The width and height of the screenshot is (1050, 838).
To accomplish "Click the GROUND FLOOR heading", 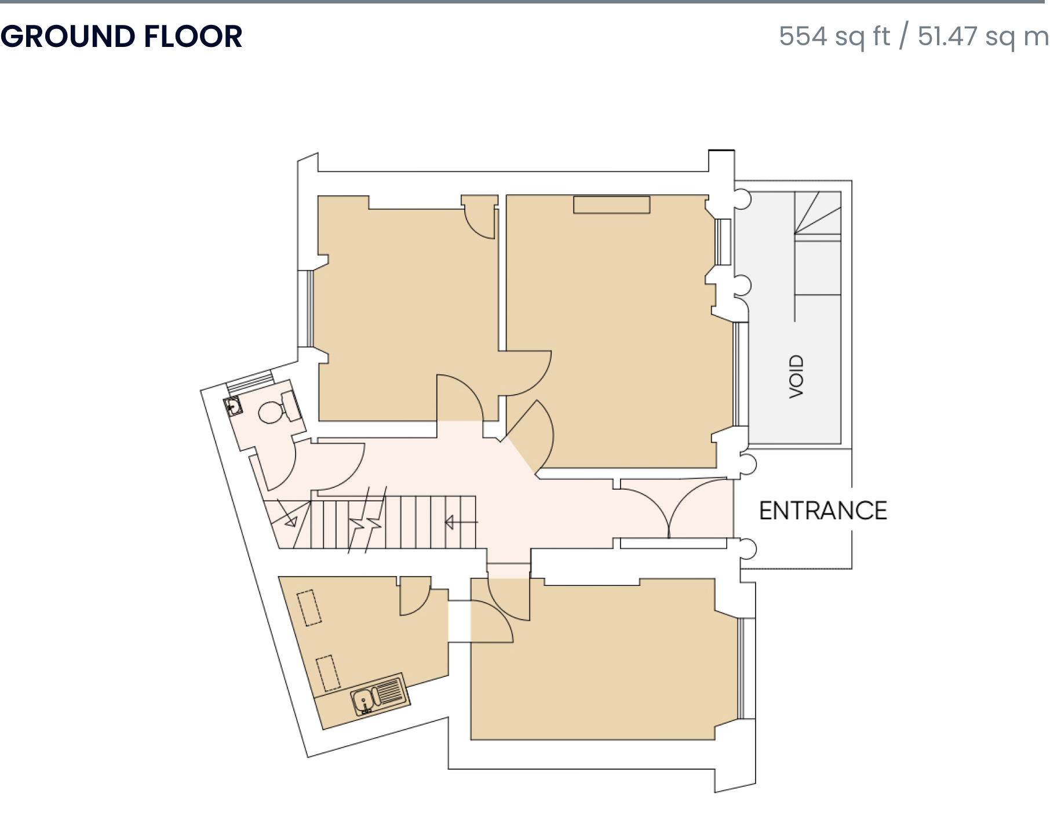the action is pyautogui.click(x=121, y=37).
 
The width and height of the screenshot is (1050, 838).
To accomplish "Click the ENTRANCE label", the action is pyautogui.click(x=823, y=511).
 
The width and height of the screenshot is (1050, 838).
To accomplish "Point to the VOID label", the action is pyautogui.click(x=797, y=376).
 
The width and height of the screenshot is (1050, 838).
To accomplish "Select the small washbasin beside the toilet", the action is pyautogui.click(x=232, y=406).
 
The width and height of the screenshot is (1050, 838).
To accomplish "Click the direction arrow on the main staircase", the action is pyautogui.click(x=461, y=523).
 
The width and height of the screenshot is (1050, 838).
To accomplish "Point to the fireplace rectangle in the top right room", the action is pyautogui.click(x=611, y=205).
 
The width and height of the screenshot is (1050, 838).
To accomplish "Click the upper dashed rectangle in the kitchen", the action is pyautogui.click(x=309, y=607).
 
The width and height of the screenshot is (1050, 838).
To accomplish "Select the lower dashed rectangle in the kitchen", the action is pyautogui.click(x=328, y=673).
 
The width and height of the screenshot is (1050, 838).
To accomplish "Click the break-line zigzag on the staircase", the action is pyautogui.click(x=366, y=520).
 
